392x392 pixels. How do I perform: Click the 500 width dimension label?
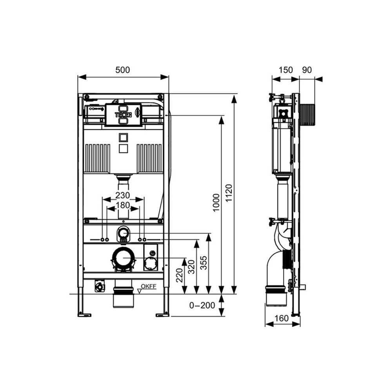[123, 70]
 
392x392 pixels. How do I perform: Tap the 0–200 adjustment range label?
[201, 305]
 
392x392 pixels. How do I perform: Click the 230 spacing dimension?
[123, 195]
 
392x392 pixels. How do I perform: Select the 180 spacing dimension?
[123, 205]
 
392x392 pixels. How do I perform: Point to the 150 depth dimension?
[286, 70]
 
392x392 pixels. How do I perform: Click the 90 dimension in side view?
[307, 70]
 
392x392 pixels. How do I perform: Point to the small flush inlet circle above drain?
[123, 234]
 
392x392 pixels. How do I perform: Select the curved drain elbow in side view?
[274, 270]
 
